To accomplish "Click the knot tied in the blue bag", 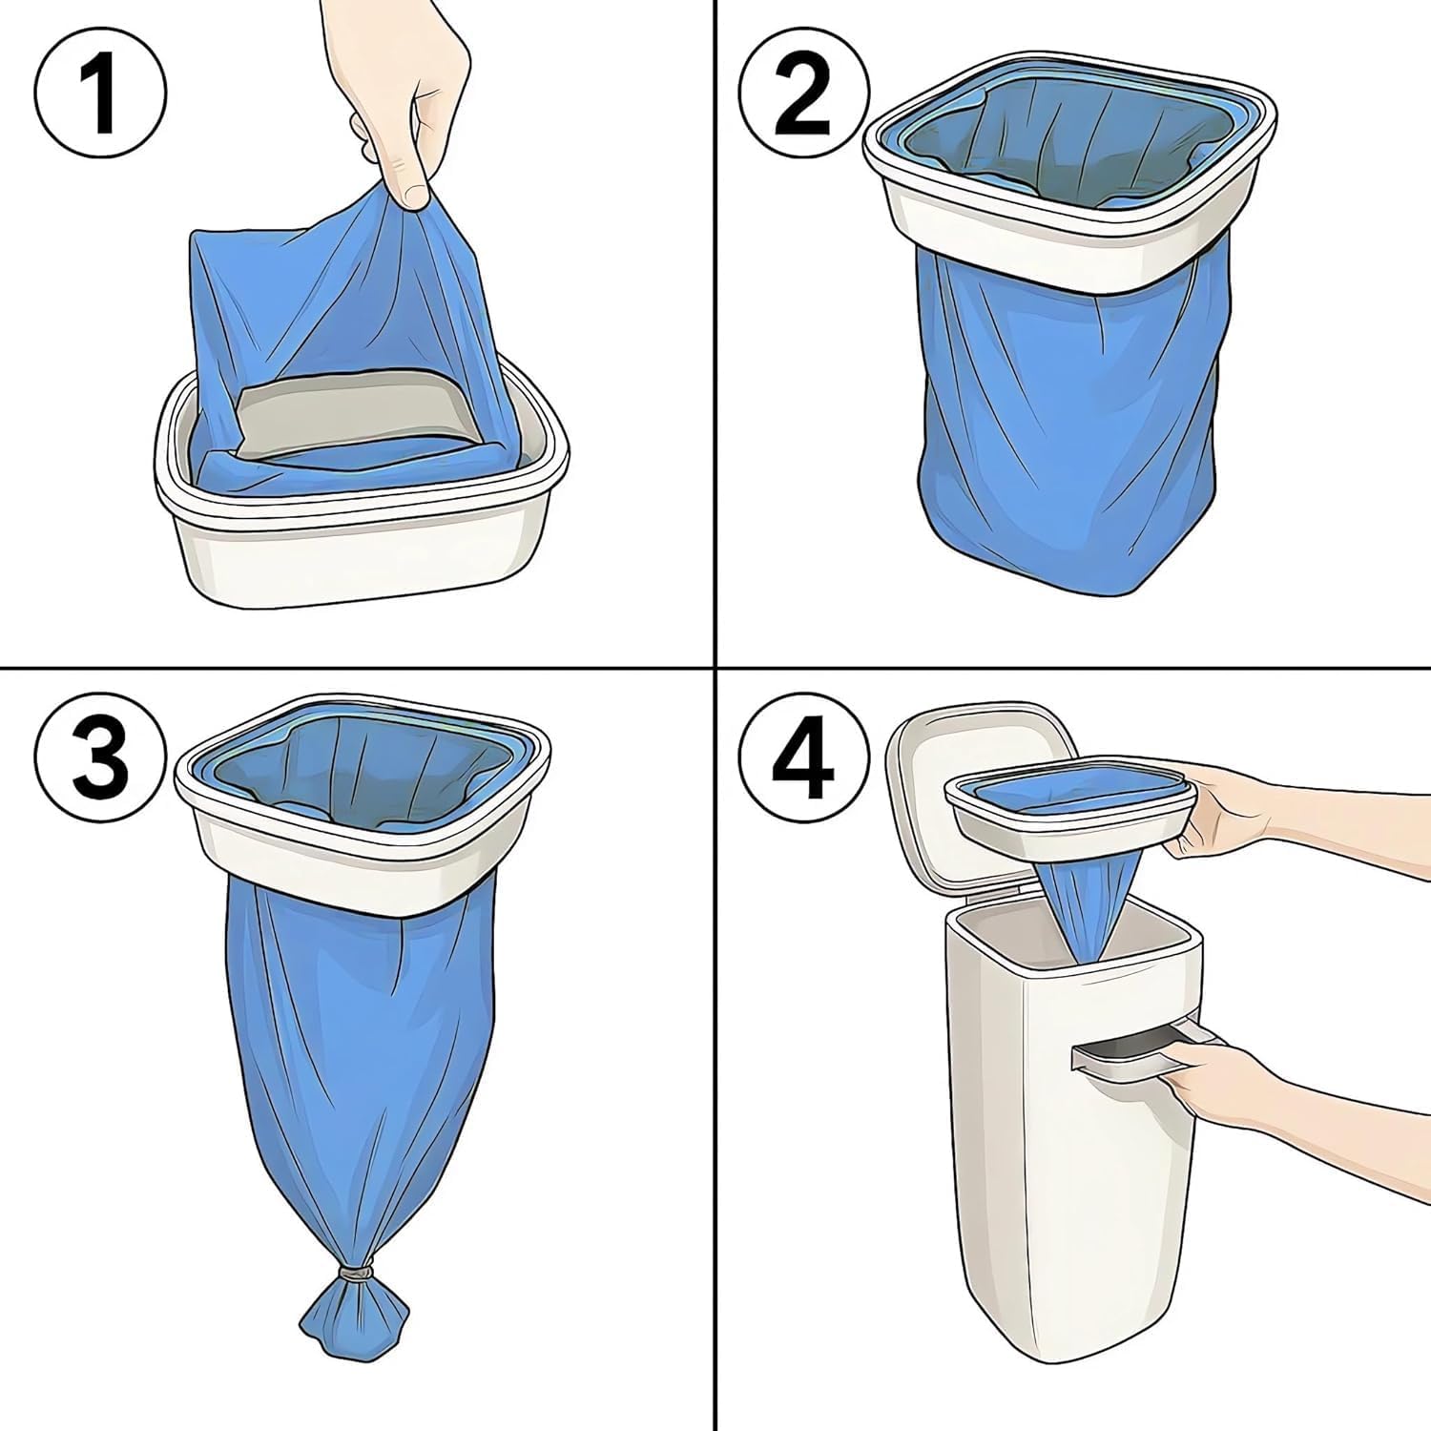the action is [356, 1273].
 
